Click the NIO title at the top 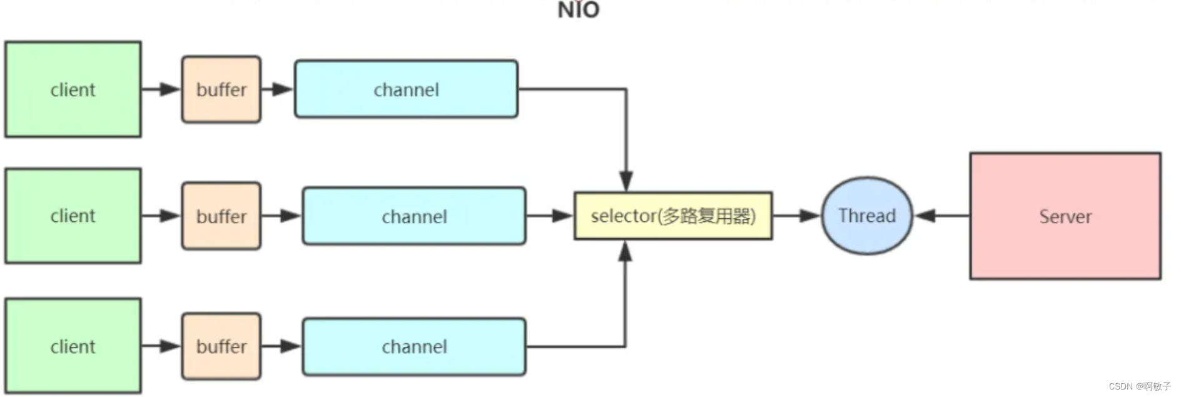click(x=579, y=10)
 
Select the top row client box click(x=73, y=89)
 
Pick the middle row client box click(x=73, y=216)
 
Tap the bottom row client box click(x=73, y=346)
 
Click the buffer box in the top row click(x=221, y=89)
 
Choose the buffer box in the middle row click(x=221, y=216)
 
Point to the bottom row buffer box click(x=221, y=346)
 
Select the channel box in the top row click(x=406, y=89)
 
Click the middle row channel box click(x=414, y=216)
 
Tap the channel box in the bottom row click(x=414, y=346)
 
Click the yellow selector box click(x=673, y=216)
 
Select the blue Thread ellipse click(x=867, y=216)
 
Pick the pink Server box click(x=1065, y=216)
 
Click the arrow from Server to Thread click(x=942, y=216)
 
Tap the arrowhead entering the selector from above click(x=626, y=181)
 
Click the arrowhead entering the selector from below click(x=625, y=251)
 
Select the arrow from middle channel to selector click(x=550, y=216)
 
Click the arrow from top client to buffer click(x=161, y=89)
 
